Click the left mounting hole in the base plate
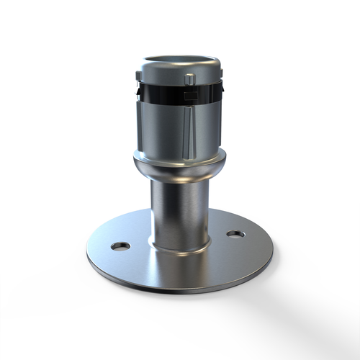click(x=120, y=246)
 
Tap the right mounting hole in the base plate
click(x=235, y=234)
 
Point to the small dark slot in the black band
click(x=191, y=94)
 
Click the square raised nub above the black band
click(x=189, y=78)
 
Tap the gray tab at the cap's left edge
click(x=138, y=76)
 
